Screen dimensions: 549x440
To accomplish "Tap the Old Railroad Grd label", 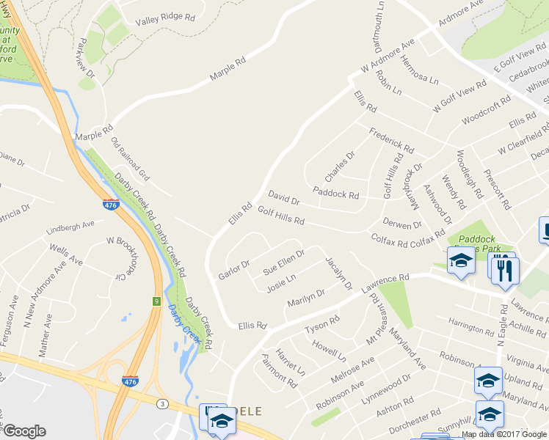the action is (x=130, y=159).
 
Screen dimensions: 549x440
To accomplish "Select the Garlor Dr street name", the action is (x=234, y=270).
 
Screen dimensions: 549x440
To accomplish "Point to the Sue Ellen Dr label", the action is (x=284, y=262).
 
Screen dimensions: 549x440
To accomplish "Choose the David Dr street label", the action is (x=284, y=198).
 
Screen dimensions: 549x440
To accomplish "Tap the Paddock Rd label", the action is (x=335, y=194).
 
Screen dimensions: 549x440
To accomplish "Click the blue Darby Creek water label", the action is (x=183, y=323).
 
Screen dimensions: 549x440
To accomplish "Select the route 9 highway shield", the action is (x=156, y=301).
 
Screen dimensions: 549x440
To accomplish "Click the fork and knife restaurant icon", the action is (x=505, y=269).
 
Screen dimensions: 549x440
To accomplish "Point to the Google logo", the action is (x=24, y=431).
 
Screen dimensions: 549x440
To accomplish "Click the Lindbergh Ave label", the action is (x=70, y=224).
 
